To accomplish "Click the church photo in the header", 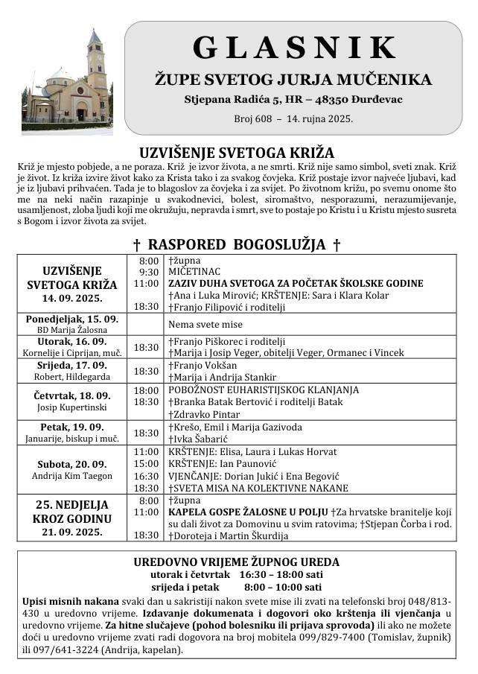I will tap(67, 78).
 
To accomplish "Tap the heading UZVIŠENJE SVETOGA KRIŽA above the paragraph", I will tap(237, 152).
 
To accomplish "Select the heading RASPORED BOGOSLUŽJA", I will tap(237, 244).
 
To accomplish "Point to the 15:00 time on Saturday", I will tap(146, 464).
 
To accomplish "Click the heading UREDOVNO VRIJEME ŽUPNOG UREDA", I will tap(236, 562).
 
